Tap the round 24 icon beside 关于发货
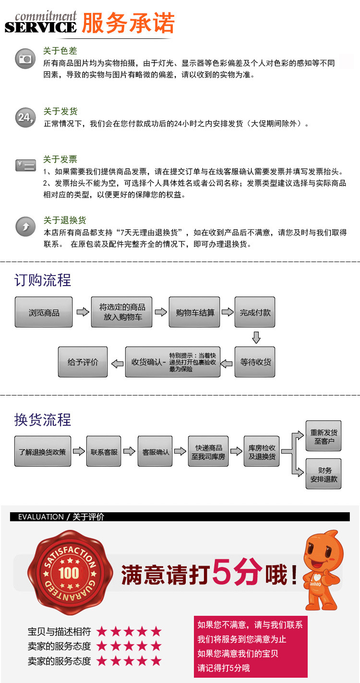click(25, 117)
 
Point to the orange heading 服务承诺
click(128, 23)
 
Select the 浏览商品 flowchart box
click(44, 312)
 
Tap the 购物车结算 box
click(195, 312)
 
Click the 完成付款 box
click(255, 312)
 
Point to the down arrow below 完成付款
click(256, 337)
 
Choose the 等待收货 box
click(255, 361)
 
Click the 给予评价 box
click(83, 361)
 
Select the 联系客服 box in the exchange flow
click(104, 451)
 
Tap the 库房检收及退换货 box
click(262, 451)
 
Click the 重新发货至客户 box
click(324, 436)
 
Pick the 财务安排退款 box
click(324, 474)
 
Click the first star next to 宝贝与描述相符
click(102, 631)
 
